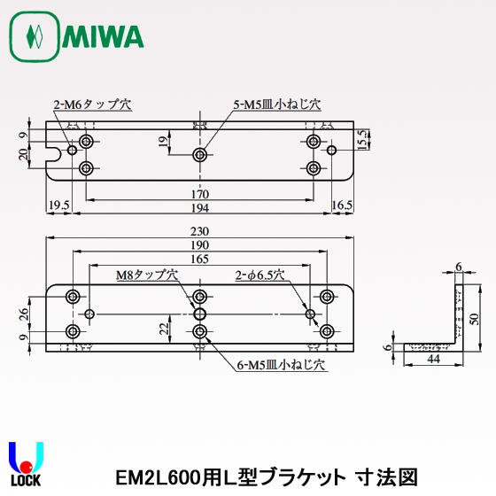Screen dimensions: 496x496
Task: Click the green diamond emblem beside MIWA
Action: click(x=35, y=37)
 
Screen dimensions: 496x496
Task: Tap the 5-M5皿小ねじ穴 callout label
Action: click(x=276, y=104)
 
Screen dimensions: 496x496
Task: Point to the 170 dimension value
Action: click(x=200, y=194)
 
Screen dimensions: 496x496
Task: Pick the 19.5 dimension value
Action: click(x=58, y=205)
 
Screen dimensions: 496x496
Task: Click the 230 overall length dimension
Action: click(x=200, y=232)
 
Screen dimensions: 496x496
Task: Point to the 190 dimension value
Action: click(x=200, y=245)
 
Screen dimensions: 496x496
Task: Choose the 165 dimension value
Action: click(x=200, y=259)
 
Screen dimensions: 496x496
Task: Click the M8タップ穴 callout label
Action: click(x=147, y=275)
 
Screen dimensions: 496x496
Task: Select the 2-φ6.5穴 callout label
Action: click(x=259, y=275)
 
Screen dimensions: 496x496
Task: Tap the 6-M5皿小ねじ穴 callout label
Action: click(x=281, y=364)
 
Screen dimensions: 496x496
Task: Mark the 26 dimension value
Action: click(x=25, y=313)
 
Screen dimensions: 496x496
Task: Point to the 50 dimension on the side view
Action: click(x=473, y=319)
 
